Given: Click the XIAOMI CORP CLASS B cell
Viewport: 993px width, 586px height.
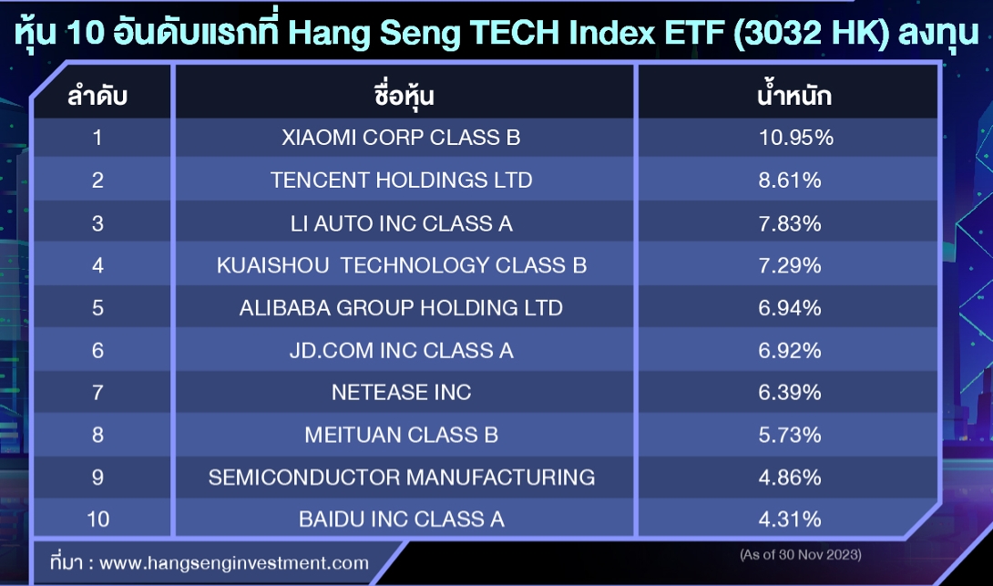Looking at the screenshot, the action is (401, 138).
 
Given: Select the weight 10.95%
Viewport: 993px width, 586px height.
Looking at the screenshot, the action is (796, 138).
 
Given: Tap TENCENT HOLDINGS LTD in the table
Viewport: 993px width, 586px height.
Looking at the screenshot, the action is (402, 180).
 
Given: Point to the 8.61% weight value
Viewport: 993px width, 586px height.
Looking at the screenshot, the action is (790, 180).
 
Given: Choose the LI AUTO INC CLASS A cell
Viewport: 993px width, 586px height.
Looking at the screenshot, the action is (402, 223).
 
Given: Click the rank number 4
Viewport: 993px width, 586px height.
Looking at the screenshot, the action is (97, 265).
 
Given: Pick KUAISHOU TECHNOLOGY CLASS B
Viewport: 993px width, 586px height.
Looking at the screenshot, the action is (402, 265).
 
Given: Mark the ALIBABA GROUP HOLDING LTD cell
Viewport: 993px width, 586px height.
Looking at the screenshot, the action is (401, 308).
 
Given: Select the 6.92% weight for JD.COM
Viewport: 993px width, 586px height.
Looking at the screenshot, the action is (790, 350).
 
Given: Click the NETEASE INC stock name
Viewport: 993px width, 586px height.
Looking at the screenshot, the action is (402, 392).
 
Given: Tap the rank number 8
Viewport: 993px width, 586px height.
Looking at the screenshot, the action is (97, 435).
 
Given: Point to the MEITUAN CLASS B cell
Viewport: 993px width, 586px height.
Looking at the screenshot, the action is (402, 435).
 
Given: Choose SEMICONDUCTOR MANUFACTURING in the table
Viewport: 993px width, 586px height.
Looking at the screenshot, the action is (402, 477).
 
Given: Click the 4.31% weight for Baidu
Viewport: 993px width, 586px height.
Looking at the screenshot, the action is (790, 519).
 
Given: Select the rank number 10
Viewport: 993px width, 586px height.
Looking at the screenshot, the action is (98, 519).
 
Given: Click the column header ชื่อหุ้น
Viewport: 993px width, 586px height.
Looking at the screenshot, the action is (404, 96).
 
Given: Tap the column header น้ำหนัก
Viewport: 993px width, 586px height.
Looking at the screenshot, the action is (794, 95).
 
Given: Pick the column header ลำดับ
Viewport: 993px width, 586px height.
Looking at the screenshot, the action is (97, 96).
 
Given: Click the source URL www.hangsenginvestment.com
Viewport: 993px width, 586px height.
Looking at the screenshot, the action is (234, 562).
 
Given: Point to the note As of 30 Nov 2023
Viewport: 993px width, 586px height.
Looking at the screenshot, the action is (801, 555).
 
